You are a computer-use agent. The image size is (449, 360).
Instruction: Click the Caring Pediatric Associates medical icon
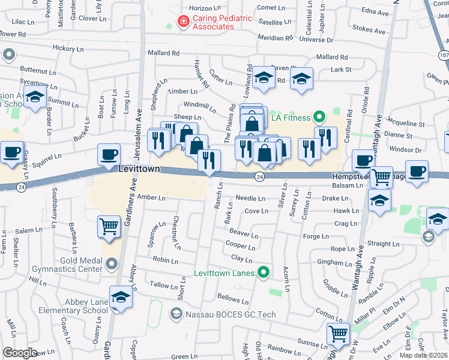click(x=183, y=22)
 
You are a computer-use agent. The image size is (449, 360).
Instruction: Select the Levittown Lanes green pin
click(x=262, y=273)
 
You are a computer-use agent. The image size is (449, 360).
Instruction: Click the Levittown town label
click(x=139, y=169)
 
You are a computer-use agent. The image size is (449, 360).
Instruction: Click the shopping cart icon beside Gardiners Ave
click(x=109, y=227)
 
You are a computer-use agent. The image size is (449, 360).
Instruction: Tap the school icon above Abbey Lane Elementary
click(x=121, y=297)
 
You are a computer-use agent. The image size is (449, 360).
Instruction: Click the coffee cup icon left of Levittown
click(x=109, y=154)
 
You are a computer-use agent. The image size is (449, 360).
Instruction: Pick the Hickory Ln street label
click(x=66, y=47)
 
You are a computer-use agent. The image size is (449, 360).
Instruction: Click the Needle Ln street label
click(x=250, y=198)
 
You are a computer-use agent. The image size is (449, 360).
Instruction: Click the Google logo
click(x=20, y=352)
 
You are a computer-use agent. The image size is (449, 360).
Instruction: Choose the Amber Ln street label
click(x=151, y=197)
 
